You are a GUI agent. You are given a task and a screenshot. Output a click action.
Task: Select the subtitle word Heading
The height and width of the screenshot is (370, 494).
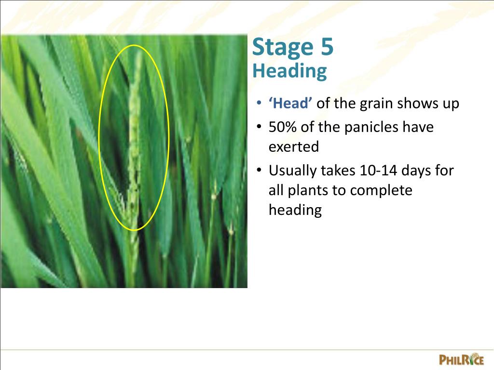point(289,71)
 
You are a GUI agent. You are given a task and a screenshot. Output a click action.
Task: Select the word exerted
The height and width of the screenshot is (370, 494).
point(294,146)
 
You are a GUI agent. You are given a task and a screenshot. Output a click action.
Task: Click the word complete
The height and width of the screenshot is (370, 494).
point(382,190)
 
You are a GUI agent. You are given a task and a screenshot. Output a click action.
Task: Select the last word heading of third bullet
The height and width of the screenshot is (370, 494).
point(295,210)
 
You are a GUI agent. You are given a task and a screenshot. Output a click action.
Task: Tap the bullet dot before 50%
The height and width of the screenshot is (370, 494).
point(259,128)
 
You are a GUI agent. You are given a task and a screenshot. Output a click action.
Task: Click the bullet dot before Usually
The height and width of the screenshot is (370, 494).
point(259,171)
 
